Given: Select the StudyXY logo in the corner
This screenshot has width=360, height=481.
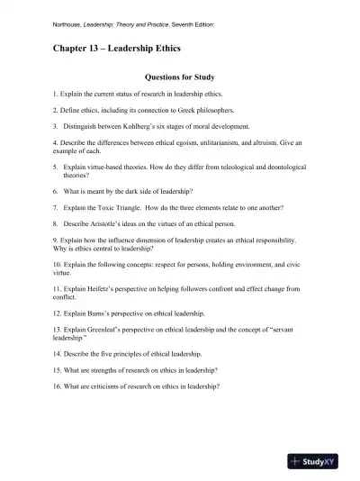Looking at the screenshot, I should (x=319, y=461).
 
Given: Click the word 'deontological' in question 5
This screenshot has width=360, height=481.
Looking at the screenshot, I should (x=283, y=167).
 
